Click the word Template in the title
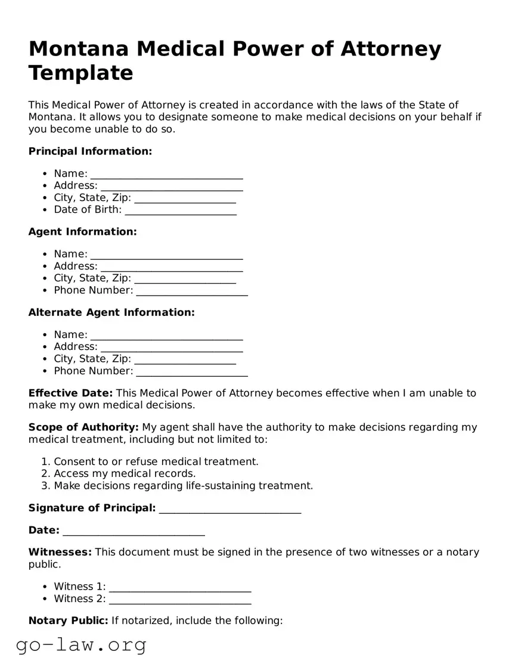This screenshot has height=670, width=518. (80, 73)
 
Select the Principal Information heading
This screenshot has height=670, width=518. (90, 151)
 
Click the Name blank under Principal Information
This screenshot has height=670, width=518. (166, 174)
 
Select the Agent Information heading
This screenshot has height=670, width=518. (82, 232)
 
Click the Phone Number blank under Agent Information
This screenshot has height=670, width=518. (191, 291)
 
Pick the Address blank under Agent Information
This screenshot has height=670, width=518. (172, 266)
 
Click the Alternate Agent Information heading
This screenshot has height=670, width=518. (111, 312)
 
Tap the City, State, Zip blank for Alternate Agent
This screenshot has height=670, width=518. (185, 359)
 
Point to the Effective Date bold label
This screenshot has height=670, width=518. (70, 393)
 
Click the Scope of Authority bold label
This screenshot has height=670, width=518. (83, 427)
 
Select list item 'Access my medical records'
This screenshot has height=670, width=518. (125, 474)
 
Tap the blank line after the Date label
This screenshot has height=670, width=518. (134, 531)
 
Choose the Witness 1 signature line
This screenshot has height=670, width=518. (180, 587)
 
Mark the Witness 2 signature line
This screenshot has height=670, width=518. (180, 599)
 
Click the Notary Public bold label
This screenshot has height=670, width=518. (68, 621)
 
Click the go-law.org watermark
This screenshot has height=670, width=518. (81, 645)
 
